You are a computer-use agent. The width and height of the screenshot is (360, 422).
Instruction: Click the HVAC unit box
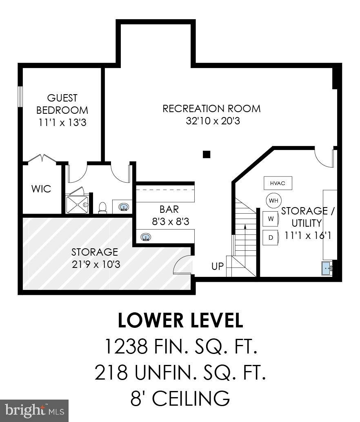(278, 183)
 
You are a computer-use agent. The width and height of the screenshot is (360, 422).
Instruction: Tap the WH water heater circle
(273, 201)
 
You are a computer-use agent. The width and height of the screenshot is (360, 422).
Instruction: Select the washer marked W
(271, 219)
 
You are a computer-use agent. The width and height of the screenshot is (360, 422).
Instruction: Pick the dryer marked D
(271, 238)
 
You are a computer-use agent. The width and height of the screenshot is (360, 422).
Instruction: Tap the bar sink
(146, 237)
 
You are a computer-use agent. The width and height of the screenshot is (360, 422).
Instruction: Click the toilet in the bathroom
(103, 208)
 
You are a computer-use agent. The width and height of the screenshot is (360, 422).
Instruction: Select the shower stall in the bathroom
(77, 205)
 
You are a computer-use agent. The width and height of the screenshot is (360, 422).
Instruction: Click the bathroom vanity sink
(124, 207)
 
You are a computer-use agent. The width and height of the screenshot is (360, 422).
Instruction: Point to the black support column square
(207, 154)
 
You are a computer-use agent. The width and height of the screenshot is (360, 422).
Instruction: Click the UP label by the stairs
(218, 266)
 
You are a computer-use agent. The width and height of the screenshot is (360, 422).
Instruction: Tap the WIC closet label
(41, 189)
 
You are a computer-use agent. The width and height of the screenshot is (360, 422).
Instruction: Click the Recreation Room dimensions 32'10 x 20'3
(213, 121)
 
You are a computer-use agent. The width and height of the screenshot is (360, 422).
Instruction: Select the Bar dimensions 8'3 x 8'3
(171, 221)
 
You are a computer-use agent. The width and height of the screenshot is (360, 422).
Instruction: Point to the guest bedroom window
(20, 97)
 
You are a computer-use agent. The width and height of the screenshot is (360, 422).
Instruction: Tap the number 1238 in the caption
(126, 347)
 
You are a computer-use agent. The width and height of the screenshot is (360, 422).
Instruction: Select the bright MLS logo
(34, 411)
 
